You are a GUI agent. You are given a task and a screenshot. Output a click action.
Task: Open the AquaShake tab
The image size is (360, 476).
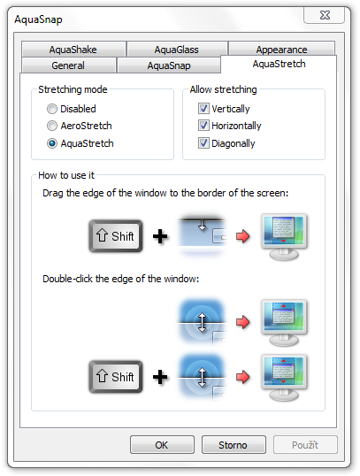(73, 50)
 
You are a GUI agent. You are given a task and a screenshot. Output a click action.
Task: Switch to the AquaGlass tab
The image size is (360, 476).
(177, 50)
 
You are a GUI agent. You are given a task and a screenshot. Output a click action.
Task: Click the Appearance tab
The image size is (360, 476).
(281, 49)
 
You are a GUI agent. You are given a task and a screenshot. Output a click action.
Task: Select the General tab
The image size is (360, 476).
(68, 65)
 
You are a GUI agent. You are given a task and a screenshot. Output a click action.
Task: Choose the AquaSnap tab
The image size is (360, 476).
(169, 65)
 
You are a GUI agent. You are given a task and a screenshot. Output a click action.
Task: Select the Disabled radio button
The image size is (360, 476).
(52, 109)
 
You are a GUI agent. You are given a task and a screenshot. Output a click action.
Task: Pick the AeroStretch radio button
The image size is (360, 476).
(52, 126)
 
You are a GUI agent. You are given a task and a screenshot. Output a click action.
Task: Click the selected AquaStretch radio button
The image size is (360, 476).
(52, 143)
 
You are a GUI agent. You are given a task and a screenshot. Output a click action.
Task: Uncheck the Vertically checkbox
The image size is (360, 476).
(203, 108)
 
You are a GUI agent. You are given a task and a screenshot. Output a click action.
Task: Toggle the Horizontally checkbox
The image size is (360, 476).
(203, 126)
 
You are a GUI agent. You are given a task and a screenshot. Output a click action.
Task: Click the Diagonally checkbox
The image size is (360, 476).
(203, 143)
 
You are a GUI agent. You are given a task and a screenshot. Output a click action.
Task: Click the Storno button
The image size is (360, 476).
(234, 445)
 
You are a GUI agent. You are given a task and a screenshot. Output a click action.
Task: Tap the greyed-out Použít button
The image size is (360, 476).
(305, 445)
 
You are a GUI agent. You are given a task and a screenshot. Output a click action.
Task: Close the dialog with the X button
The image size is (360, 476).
(325, 15)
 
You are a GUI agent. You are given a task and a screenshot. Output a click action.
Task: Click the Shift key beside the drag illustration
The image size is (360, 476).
(116, 236)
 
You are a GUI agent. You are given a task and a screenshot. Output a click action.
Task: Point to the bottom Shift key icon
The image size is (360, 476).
(116, 377)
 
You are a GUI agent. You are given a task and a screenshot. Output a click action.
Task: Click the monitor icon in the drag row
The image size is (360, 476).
(284, 236)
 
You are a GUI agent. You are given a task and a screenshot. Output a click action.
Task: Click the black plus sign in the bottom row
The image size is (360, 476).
(160, 377)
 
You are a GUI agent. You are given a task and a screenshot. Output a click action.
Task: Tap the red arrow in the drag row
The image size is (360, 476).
(243, 236)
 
